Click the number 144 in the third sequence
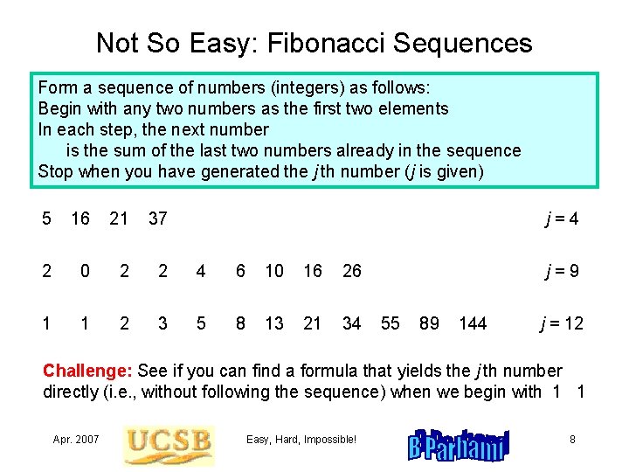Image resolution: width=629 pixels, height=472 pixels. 473,323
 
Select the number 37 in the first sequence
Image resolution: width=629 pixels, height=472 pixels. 157,219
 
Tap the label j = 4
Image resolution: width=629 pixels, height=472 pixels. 560,219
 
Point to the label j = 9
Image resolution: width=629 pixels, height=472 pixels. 560,271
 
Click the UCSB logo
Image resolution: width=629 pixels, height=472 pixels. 169,444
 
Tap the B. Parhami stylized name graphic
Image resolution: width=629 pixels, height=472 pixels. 458,445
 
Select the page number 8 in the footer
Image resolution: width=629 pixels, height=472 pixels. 572,439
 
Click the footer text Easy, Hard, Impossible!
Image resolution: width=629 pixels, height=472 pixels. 301,439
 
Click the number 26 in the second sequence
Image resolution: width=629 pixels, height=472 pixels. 352,271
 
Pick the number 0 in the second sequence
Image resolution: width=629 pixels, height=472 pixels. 84,271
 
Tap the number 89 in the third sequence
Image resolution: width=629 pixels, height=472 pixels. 429,323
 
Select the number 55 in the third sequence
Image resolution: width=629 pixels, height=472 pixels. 391,323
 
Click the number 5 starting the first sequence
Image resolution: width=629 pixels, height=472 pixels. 47,219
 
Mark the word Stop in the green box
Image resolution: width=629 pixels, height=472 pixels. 56,171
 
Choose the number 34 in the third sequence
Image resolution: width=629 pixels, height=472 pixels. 352,323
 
